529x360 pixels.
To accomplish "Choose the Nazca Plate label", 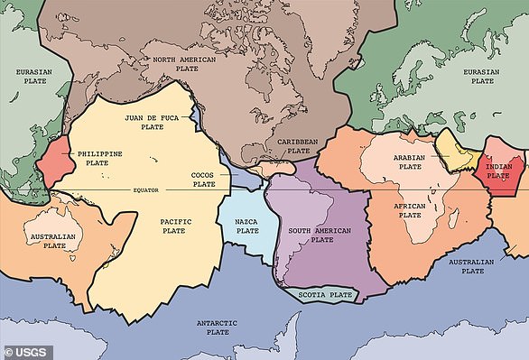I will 247,226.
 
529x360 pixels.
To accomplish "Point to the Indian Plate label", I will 499,169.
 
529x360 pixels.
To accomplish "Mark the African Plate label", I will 410,209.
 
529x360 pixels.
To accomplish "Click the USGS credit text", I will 27,348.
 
